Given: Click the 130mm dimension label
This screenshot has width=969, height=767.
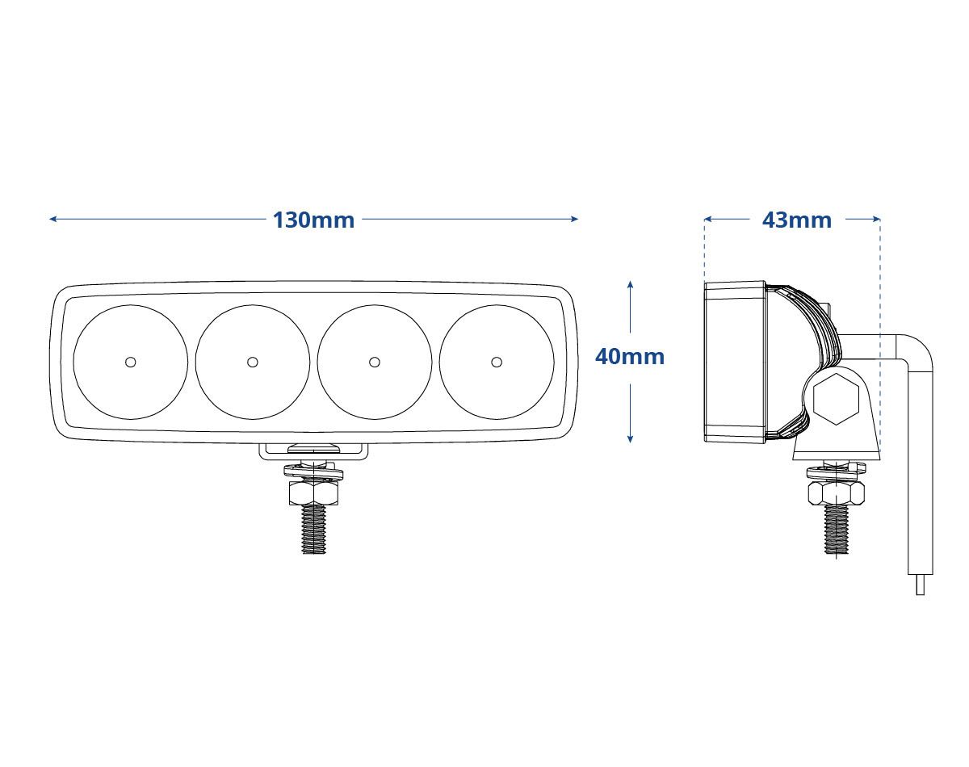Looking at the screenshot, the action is (x=313, y=220).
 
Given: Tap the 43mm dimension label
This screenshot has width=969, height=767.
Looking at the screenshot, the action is (x=796, y=220).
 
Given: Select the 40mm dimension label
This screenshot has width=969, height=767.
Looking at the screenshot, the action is (x=630, y=357).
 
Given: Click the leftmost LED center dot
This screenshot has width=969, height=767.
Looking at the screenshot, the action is (x=131, y=363).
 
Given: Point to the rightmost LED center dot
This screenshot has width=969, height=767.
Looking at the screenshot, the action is (x=497, y=363).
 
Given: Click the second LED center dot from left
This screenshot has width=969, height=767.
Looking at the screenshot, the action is (x=253, y=363).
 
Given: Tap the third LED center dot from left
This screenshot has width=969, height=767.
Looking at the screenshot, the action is (x=375, y=363).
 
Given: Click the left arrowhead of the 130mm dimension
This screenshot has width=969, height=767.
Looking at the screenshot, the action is (x=52, y=219).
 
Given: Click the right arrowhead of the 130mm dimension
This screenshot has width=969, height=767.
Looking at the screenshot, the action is (x=575, y=219).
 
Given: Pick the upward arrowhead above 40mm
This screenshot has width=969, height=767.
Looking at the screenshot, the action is (x=630, y=284).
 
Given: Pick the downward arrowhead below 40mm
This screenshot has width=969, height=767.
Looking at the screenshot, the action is (x=630, y=439).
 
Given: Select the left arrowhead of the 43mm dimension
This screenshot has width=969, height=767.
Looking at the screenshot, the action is (x=707, y=219).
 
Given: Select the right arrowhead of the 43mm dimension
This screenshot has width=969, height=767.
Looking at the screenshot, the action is (x=877, y=219).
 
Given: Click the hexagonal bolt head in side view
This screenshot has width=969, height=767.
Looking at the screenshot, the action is (x=836, y=399).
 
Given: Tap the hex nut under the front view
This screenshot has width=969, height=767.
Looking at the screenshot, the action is (x=313, y=492).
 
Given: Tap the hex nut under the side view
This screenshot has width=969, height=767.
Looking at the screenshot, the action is (x=837, y=492).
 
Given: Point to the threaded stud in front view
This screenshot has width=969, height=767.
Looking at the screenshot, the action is (x=313, y=528).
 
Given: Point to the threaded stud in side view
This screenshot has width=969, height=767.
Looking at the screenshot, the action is (x=837, y=528).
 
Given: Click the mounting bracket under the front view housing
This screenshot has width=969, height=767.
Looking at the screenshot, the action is (x=313, y=452).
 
